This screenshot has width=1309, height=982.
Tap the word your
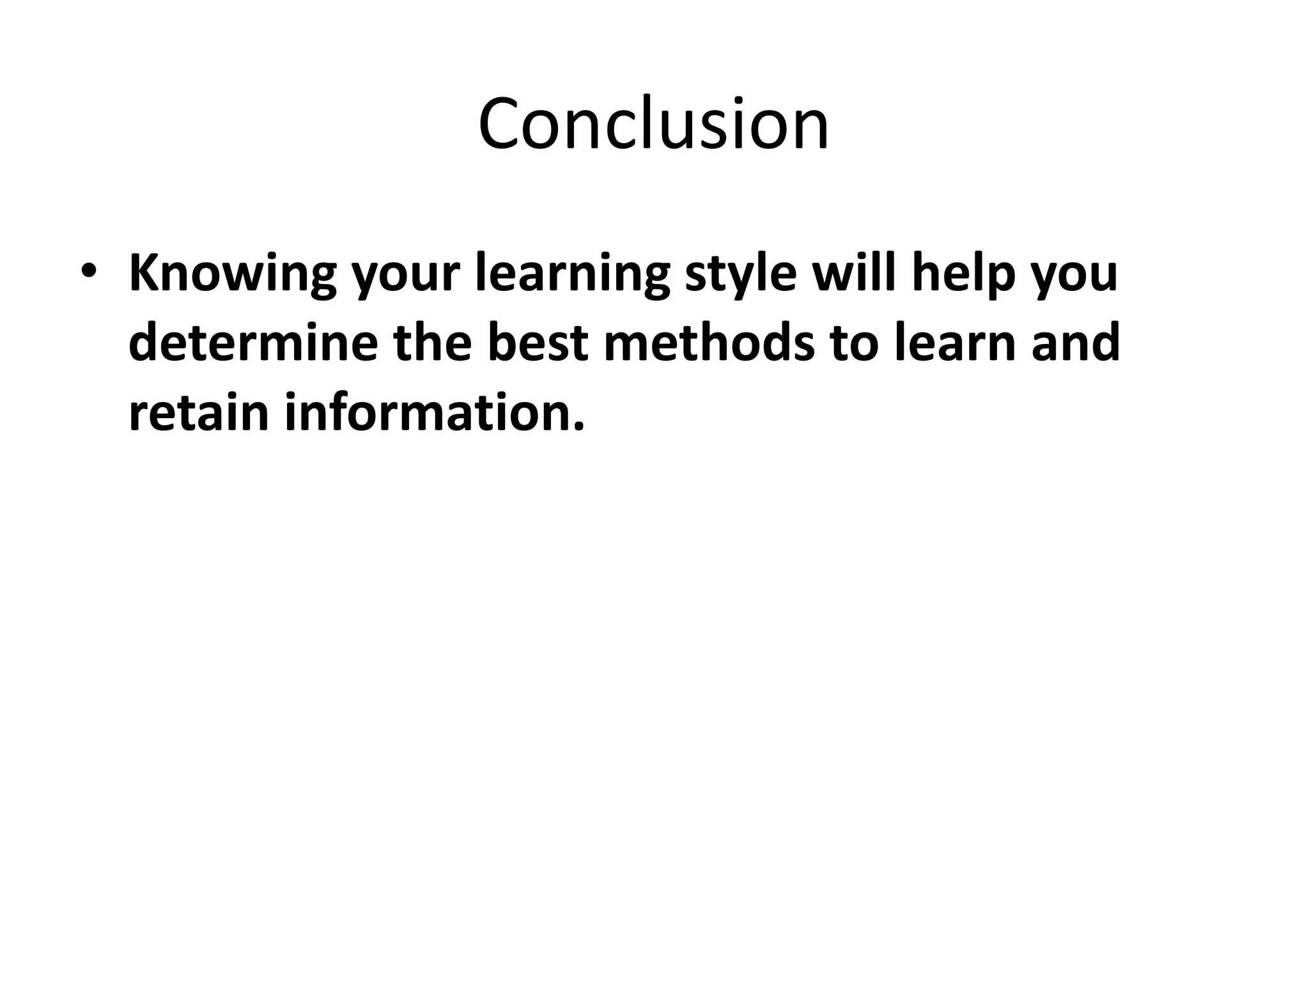[406, 275]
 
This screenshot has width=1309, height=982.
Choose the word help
[963, 275]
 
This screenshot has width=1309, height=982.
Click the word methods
[709, 342]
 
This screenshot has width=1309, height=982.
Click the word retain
[198, 412]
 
